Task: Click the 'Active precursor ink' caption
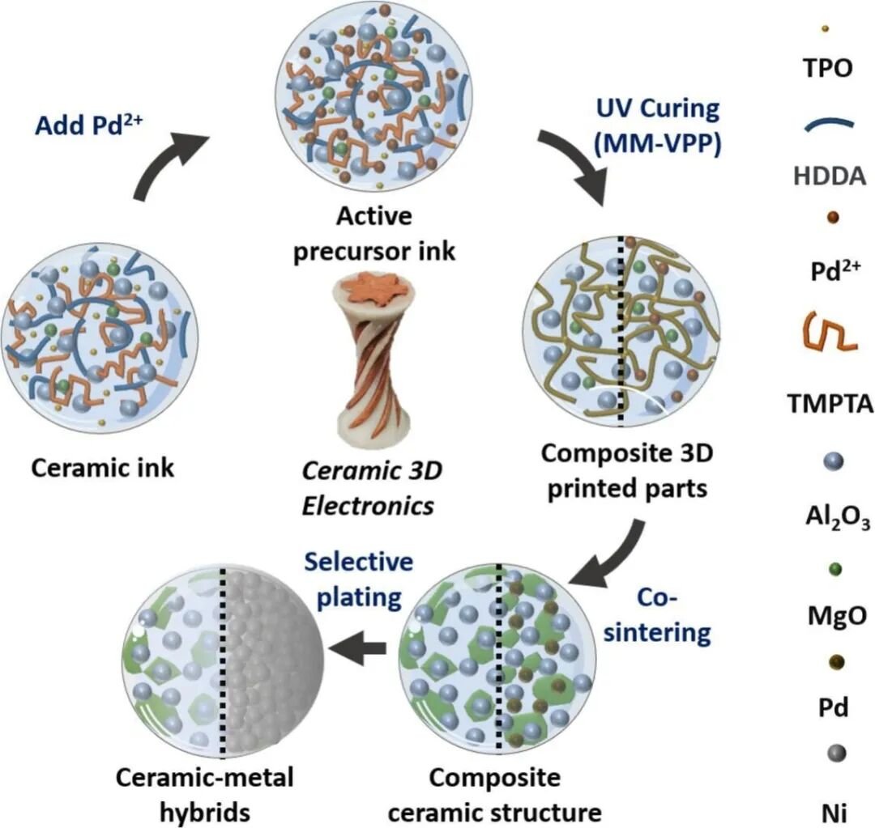(x=373, y=234)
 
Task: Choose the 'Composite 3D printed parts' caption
(x=627, y=472)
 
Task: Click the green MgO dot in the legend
(x=836, y=570)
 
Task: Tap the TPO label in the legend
(x=827, y=69)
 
